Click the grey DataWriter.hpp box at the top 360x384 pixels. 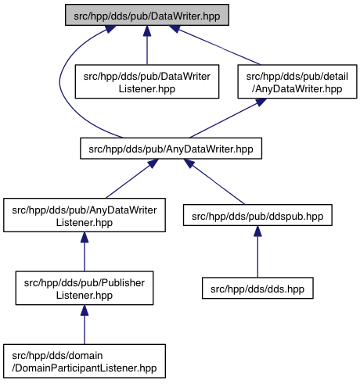147,15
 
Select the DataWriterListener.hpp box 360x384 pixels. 147,81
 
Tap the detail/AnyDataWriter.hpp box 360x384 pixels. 297,81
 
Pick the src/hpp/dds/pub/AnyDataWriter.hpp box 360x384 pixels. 171,149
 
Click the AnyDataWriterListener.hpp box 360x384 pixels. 85,215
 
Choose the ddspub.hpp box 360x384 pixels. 257,215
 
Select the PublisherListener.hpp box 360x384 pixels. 85,288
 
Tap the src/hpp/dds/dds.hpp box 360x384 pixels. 257,288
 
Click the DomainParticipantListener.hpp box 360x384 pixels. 85,361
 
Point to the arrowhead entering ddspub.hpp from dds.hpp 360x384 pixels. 257,231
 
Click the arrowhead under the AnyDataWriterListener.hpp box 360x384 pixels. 85,237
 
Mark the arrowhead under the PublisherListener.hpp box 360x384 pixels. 85,310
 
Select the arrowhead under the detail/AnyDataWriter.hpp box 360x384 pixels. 261,102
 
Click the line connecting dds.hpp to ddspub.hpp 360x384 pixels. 257,257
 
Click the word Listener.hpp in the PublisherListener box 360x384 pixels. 85,295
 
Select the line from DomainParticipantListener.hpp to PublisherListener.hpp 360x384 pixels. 85,330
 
